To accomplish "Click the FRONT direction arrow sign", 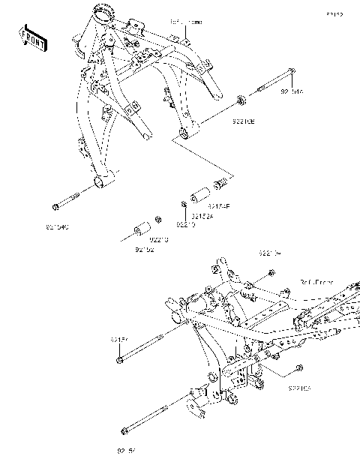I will pos(33,38).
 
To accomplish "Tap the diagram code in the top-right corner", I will pos(334,14).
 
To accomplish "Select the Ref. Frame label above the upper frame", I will pos(186,23).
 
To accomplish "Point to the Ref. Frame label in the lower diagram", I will pos(316,282).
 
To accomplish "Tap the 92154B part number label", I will pos(218,205).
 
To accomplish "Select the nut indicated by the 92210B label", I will pos(240,98).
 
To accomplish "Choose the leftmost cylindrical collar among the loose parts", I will pos(139,228).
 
